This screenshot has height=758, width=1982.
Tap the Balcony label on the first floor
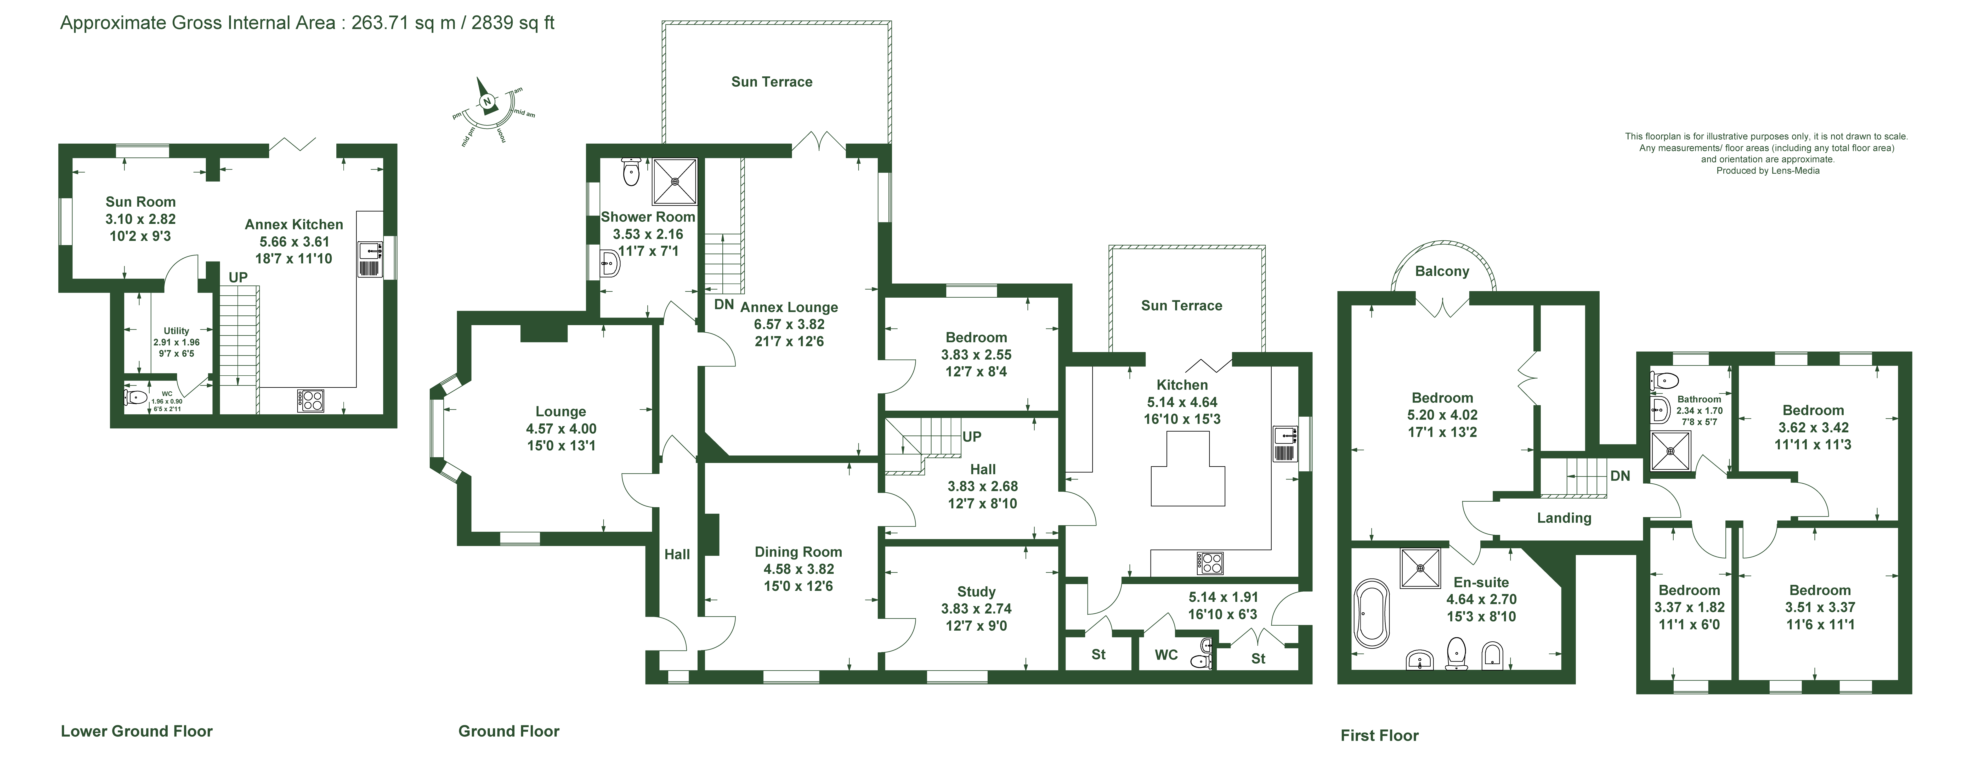coord(1442,271)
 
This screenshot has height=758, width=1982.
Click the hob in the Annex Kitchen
coord(311,400)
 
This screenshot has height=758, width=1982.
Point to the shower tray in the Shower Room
coord(675,182)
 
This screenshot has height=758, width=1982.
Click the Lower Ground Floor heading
coord(137,731)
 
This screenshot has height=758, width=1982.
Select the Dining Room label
coord(798,552)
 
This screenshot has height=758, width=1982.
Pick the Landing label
coord(1564,518)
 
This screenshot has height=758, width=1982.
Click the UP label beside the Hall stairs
coord(972,436)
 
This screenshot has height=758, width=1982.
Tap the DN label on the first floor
coord(1620,476)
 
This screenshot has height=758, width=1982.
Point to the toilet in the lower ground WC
coord(135,397)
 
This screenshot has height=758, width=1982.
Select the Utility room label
coord(176,331)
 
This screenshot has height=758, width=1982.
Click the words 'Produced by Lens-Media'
coord(1768,171)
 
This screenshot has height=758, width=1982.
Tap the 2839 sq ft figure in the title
coord(513,22)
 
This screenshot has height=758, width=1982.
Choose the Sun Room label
coord(141,202)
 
